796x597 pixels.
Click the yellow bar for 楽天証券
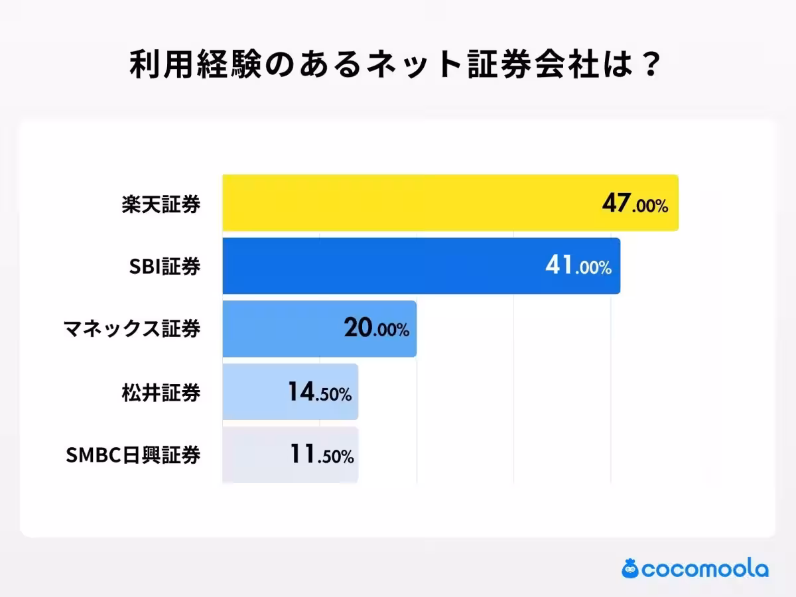click(x=411, y=203)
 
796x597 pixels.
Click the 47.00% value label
click(x=635, y=204)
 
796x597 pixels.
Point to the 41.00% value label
click(x=578, y=267)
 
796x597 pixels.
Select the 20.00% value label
click(x=376, y=330)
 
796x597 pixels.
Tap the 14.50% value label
click(x=319, y=393)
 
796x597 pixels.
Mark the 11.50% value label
click(x=321, y=456)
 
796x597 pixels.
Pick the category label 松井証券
click(x=161, y=393)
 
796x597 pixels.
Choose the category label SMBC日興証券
click(x=133, y=456)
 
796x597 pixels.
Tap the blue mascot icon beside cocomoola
click(x=630, y=568)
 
